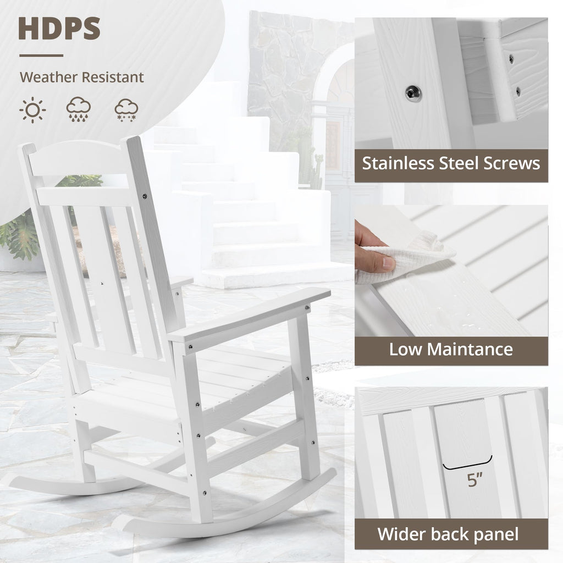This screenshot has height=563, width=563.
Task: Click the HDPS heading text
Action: (x=59, y=29)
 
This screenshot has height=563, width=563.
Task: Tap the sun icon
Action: (x=32, y=110)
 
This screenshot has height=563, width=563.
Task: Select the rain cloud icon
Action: (x=78, y=109)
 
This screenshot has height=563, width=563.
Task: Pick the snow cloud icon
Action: (x=126, y=110)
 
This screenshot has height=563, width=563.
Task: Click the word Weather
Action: (x=48, y=77)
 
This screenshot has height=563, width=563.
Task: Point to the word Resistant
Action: (x=113, y=77)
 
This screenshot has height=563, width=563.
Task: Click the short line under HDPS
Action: (x=41, y=56)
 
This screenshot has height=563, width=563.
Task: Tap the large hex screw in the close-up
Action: (x=413, y=94)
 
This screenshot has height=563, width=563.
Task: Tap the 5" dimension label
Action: (x=474, y=479)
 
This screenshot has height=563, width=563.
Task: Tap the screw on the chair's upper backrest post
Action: (x=145, y=196)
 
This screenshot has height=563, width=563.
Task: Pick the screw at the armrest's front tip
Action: (x=308, y=307)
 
